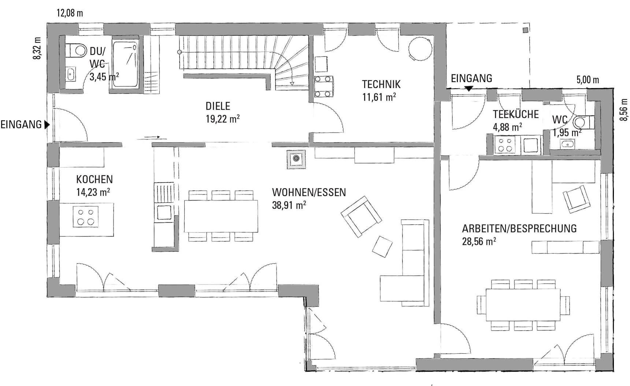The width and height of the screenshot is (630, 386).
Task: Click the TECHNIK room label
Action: point(381,84)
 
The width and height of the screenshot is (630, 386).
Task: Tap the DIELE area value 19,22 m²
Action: point(223,119)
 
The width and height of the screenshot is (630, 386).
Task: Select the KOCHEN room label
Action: point(94,179)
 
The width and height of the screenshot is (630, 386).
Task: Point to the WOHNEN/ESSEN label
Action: point(309,192)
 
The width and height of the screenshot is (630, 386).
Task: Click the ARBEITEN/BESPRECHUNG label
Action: point(519,228)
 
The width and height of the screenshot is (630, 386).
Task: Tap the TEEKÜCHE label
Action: point(516,114)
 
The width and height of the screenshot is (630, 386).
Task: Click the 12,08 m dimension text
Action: point(70,13)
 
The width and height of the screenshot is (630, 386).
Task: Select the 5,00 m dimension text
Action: point(588,80)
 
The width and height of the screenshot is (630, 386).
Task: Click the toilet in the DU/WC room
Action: point(76,50)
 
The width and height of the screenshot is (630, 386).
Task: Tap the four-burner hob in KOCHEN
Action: point(85,217)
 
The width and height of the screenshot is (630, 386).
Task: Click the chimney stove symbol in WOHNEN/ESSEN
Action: point(296,159)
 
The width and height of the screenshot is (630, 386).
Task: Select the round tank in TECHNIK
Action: point(420,49)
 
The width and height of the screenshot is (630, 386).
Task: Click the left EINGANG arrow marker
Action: point(47,125)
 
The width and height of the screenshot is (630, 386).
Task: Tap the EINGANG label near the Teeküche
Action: point(471,78)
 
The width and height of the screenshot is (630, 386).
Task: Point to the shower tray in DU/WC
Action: point(125,65)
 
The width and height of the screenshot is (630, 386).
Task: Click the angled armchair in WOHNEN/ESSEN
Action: point(361,217)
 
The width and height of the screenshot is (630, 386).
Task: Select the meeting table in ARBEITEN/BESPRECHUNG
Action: point(523,305)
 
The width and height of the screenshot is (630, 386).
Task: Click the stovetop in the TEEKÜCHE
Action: point(505,144)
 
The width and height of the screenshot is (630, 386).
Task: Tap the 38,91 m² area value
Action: point(289,205)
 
